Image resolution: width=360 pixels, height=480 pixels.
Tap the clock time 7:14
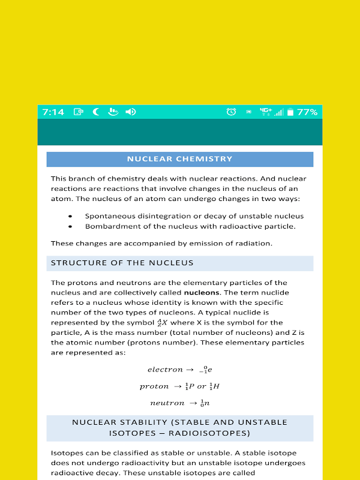point(53,112)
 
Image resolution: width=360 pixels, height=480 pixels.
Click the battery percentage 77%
point(307,112)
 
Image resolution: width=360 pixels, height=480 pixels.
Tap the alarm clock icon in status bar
point(231,112)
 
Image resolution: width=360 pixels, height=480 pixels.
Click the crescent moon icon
point(95,112)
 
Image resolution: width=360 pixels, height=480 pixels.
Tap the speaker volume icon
point(130,112)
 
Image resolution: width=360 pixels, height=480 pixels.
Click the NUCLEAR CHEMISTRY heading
point(179,159)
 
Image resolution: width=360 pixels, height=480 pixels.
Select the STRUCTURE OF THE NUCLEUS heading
point(122,263)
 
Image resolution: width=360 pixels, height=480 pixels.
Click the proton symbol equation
point(179,386)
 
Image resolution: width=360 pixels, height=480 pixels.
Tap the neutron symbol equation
point(179,403)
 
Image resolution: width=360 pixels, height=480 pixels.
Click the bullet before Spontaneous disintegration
point(70,216)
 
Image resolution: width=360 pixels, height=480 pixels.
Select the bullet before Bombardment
point(70,227)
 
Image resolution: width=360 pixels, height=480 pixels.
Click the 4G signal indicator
point(265,112)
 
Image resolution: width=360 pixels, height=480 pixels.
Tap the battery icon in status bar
point(290,112)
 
